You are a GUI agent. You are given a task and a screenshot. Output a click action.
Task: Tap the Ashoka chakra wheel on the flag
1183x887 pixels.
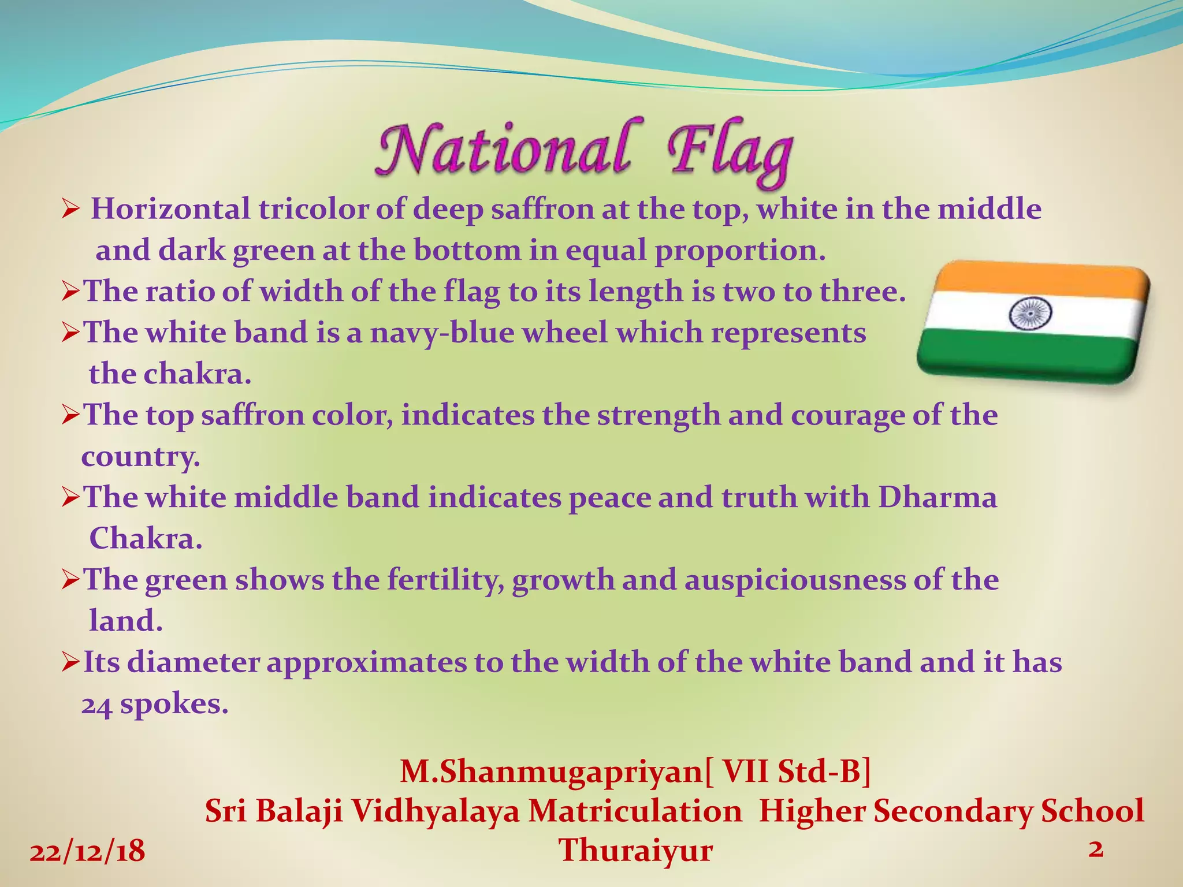coord(1030,314)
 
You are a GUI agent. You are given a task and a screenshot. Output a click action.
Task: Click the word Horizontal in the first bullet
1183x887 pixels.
coord(171,209)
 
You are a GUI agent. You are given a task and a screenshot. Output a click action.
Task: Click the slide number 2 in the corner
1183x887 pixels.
coord(1095,849)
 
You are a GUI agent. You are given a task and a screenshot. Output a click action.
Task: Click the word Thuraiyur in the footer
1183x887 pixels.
coord(635,851)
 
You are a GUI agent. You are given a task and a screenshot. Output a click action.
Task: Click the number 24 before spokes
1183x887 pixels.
coord(96,705)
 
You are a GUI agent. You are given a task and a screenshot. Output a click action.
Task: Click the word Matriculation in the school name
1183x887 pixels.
coord(635,811)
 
